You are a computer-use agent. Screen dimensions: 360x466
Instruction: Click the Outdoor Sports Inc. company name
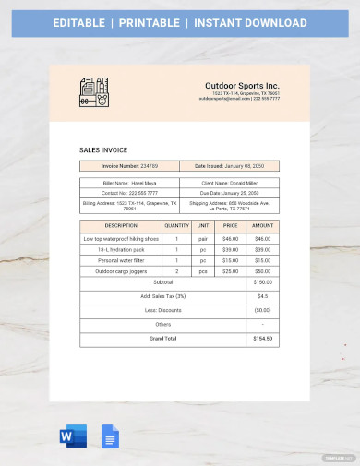coord(243,85)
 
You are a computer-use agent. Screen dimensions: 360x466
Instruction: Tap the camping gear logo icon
coord(96,93)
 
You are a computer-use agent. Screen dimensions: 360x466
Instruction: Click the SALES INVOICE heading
coord(104,150)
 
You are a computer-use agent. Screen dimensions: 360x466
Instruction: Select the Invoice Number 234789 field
coord(130,166)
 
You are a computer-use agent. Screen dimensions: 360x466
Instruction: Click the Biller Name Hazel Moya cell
coord(130,183)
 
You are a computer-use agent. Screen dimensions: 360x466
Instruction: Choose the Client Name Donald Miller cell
coord(230,183)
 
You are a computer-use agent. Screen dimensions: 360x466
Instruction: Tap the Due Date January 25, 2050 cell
coord(230,192)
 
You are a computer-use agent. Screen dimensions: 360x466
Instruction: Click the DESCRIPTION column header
coord(121,225)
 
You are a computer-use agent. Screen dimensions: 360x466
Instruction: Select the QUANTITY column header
coord(176,225)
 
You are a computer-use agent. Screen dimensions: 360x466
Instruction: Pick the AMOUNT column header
coord(262,225)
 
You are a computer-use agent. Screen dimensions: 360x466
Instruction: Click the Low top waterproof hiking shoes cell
coord(121,238)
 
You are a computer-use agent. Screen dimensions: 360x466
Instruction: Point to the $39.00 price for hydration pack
coord(230,249)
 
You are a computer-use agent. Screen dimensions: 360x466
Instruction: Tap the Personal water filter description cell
coord(121,260)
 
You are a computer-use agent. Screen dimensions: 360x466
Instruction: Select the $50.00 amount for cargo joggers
coord(262,271)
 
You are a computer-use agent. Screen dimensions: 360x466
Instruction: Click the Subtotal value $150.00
coord(262,282)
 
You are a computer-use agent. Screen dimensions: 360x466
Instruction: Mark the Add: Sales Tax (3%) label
coord(162,296)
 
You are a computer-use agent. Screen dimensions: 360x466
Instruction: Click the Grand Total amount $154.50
coord(262,339)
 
